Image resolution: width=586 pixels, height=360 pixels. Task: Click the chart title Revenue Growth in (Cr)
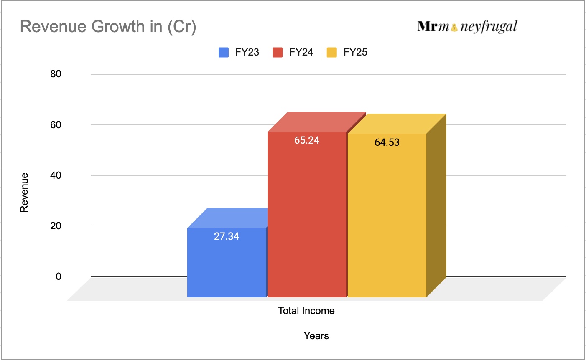pos(108,27)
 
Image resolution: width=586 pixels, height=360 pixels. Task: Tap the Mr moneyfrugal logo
pos(467,27)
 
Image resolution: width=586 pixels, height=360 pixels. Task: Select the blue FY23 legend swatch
pos(224,53)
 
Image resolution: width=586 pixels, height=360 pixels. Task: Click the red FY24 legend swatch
pos(278,53)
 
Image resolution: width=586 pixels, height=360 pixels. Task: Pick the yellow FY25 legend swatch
pos(332,53)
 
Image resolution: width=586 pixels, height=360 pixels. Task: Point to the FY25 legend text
pos(355,53)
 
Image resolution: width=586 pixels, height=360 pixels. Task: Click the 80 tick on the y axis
pos(56,74)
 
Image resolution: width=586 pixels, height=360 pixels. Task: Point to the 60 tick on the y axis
pos(56,125)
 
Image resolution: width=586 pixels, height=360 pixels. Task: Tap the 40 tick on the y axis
pos(56,175)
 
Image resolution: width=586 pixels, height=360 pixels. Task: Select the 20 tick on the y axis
pos(56,226)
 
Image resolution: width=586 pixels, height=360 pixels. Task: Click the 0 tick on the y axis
pos(59,276)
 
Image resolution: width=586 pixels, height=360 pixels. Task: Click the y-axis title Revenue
pos(24,193)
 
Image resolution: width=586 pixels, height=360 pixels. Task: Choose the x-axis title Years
pos(316,336)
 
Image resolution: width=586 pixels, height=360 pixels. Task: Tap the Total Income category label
pos(306,311)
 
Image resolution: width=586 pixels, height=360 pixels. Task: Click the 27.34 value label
pos(227,236)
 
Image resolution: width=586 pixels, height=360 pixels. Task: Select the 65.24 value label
pos(307,140)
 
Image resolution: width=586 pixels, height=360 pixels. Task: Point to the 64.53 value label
pos(387,142)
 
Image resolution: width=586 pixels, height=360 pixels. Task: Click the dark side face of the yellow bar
pos(436,205)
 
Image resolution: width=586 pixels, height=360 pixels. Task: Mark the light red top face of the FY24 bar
pos(316,122)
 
